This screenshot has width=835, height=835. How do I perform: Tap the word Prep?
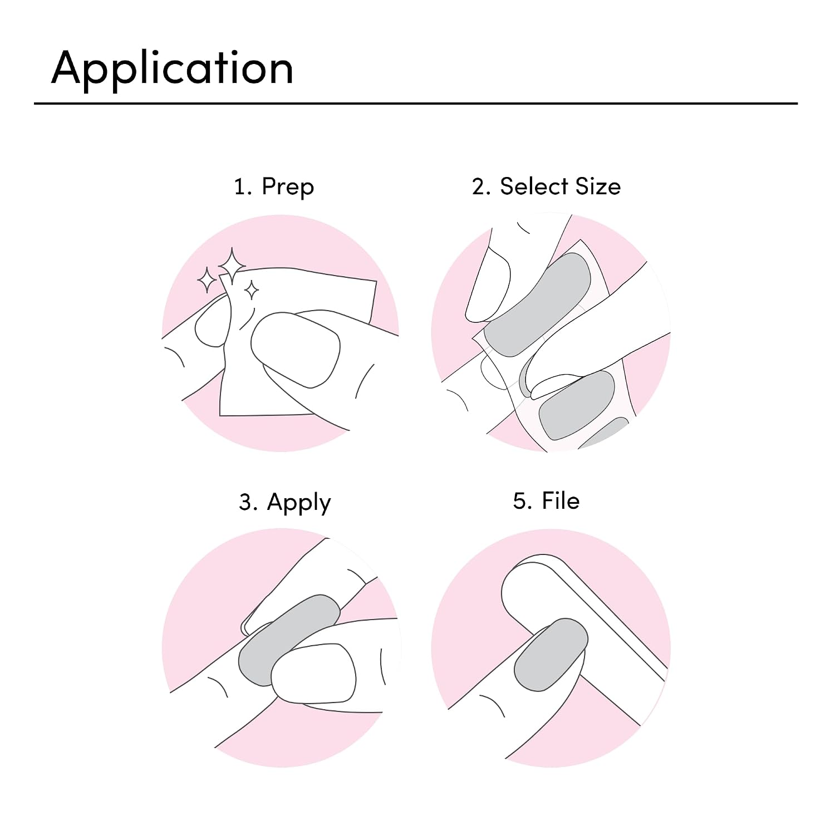click(x=288, y=187)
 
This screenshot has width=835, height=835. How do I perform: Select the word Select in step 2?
click(x=534, y=186)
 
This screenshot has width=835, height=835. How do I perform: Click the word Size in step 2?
click(x=598, y=186)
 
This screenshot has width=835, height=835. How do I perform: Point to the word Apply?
click(x=299, y=503)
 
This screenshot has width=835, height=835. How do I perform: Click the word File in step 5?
click(x=561, y=500)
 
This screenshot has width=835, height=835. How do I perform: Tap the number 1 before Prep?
click(x=240, y=187)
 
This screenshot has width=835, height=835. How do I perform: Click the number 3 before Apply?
click(x=247, y=502)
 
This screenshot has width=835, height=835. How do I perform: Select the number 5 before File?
click(x=522, y=501)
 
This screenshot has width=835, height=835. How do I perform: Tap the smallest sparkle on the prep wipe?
click(x=251, y=290)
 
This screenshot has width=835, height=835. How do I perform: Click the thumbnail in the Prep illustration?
click(x=295, y=350)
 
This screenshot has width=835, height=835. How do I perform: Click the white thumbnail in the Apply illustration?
click(x=313, y=674)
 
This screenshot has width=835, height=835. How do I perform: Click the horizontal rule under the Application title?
click(x=416, y=104)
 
